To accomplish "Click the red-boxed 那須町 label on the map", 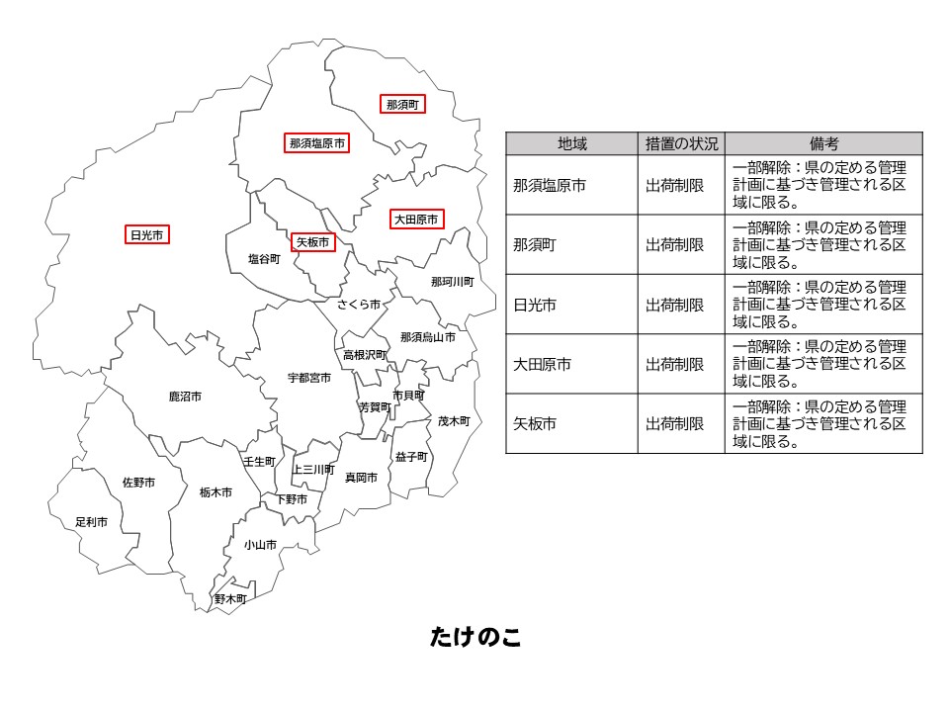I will coord(402,104).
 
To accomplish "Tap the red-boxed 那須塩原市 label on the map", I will coord(316,143).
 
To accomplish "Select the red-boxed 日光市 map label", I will coord(146,235).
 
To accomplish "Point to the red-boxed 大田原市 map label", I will coord(415,220).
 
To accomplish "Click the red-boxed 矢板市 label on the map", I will coord(312,241).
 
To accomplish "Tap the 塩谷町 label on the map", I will coord(264,259).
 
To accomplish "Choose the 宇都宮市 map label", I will coord(309,378).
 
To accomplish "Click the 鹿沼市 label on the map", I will coord(185,397).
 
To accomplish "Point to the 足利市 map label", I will coord(91,521).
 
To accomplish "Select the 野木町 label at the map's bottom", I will coord(230,599).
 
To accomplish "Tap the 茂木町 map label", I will coord(454,420).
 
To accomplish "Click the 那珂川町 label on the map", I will coord(452,282).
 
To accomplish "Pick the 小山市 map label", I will coord(260,545).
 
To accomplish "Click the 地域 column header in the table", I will coord(571,144).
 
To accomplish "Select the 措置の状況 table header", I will coord(682,144).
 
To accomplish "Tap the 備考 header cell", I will coord(823,144).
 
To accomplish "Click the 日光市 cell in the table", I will coord(535,305).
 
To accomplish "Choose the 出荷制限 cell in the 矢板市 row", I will coord(675,423).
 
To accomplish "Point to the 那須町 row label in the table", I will coord(535,245).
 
